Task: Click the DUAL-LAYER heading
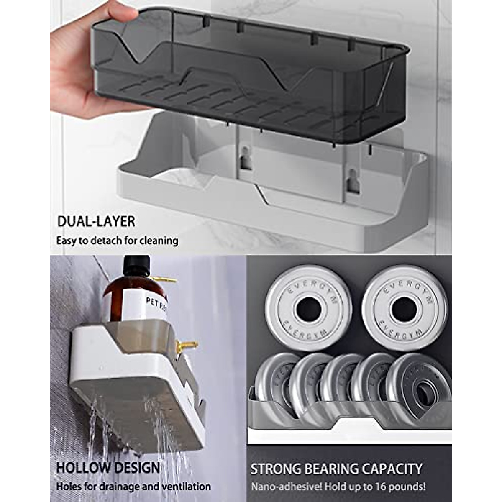96,221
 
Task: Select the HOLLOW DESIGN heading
108,468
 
